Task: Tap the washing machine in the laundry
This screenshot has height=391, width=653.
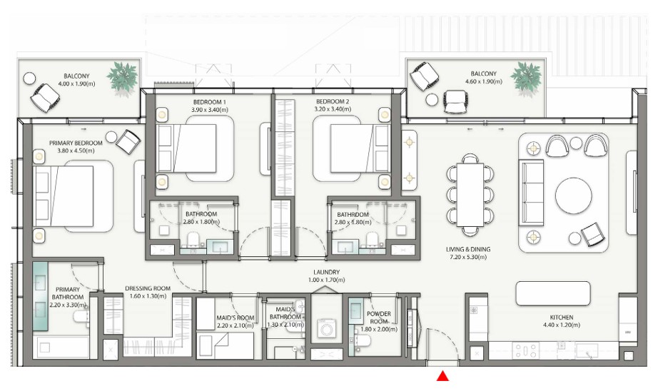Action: (327, 328)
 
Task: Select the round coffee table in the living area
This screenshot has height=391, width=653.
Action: (574, 195)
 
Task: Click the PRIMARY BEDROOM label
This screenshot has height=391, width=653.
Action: (76, 143)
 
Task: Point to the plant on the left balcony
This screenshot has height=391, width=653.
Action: (123, 76)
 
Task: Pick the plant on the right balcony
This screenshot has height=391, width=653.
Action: (526, 77)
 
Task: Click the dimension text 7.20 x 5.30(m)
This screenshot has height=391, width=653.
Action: (468, 257)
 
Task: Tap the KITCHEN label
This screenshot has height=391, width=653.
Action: (562, 318)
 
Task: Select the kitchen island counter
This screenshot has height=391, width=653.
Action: (553, 293)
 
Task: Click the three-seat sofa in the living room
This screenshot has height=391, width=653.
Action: (532, 194)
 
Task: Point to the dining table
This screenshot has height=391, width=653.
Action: (470, 195)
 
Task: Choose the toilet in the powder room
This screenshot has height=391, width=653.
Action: (362, 340)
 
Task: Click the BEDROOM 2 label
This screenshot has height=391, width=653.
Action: (333, 101)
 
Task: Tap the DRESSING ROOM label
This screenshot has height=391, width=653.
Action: (148, 288)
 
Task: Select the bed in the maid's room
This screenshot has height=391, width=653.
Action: (225, 345)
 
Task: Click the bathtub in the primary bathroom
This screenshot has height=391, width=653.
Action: (64, 347)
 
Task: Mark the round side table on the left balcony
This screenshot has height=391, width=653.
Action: (29, 78)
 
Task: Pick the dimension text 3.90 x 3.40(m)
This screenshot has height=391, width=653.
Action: (210, 109)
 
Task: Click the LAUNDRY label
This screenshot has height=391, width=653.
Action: (327, 272)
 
